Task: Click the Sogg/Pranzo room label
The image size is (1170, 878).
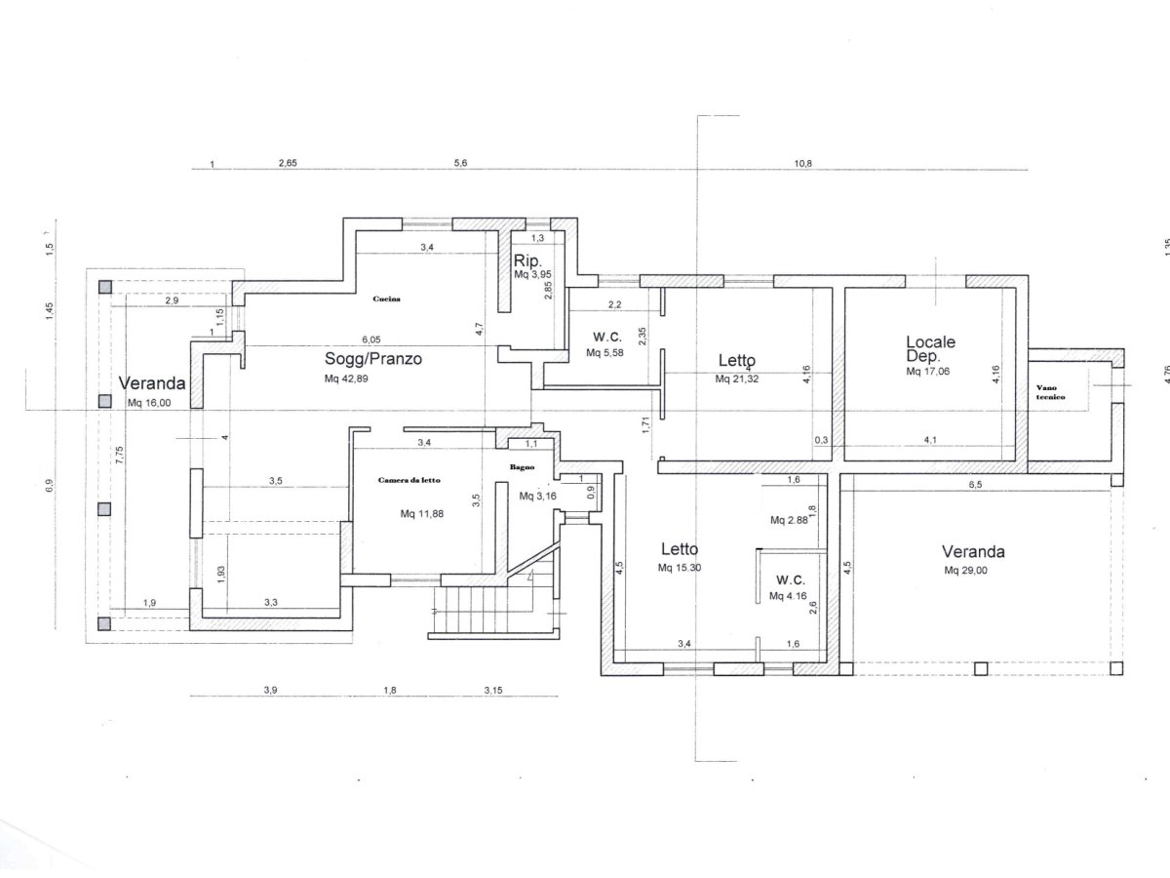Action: tap(373, 359)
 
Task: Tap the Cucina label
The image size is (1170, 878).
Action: tap(386, 299)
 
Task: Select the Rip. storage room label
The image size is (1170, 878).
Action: tap(527, 260)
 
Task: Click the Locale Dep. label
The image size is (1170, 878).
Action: tap(931, 349)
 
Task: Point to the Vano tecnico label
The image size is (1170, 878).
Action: tap(1051, 392)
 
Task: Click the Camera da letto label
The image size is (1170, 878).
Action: tap(409, 480)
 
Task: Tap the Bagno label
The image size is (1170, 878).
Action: tap(522, 467)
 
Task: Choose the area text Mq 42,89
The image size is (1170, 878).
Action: tap(346, 379)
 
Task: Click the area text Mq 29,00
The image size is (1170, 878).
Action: tap(966, 571)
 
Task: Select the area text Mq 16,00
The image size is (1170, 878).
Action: tap(149, 403)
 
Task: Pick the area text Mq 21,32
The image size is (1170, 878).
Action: tap(737, 379)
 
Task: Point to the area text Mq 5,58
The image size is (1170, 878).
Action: tap(604, 353)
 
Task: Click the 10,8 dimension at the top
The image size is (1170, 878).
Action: tap(802, 164)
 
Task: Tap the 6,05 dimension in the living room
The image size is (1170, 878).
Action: tap(371, 339)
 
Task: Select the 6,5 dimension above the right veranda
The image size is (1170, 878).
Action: tap(975, 485)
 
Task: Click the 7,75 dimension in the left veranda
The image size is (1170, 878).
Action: tap(119, 455)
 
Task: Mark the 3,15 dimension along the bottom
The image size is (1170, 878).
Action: tap(493, 691)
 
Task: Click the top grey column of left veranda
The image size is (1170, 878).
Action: tap(105, 288)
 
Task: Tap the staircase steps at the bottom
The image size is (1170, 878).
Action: tap(483, 610)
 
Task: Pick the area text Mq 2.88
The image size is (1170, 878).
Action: tap(789, 520)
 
